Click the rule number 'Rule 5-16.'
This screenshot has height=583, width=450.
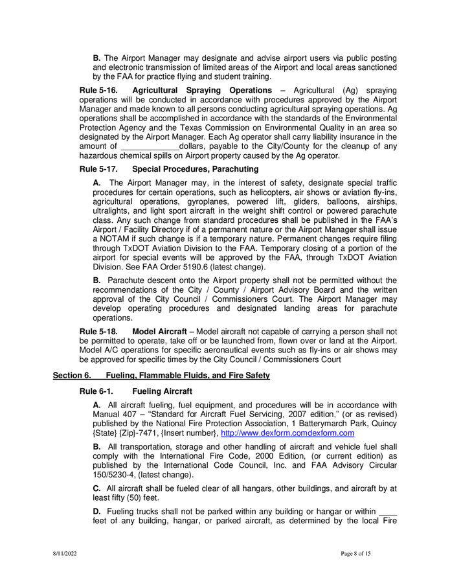tap(98, 90)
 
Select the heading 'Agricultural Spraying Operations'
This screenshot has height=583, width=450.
tap(202, 90)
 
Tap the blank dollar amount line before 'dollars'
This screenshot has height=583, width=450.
tap(144, 146)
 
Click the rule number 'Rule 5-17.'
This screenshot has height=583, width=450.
tap(98, 169)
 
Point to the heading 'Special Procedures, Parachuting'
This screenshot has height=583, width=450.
tap(195, 169)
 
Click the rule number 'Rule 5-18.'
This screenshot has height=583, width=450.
tap(98, 332)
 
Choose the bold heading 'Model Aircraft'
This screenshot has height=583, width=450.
tap(159, 332)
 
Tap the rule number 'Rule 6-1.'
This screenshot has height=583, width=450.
tap(96, 391)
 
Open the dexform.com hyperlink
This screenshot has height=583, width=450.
tap(287, 433)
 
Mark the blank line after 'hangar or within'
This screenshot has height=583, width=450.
tap(387, 512)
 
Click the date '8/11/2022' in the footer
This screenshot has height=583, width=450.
tap(65, 554)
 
